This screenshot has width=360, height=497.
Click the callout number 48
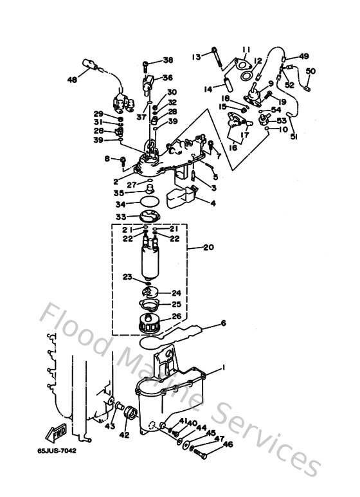[72, 80]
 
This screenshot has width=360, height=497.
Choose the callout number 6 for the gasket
[224, 323]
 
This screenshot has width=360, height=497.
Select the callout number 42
[124, 435]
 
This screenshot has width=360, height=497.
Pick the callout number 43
[110, 426]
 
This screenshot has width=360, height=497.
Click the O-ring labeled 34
[149, 204]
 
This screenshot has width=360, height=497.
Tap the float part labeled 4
[183, 199]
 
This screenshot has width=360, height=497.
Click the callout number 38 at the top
[168, 60]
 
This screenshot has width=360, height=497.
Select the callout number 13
[197, 57]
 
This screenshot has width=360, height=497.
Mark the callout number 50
[310, 71]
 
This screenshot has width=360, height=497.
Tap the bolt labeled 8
[122, 159]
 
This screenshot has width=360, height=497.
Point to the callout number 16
[233, 147]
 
